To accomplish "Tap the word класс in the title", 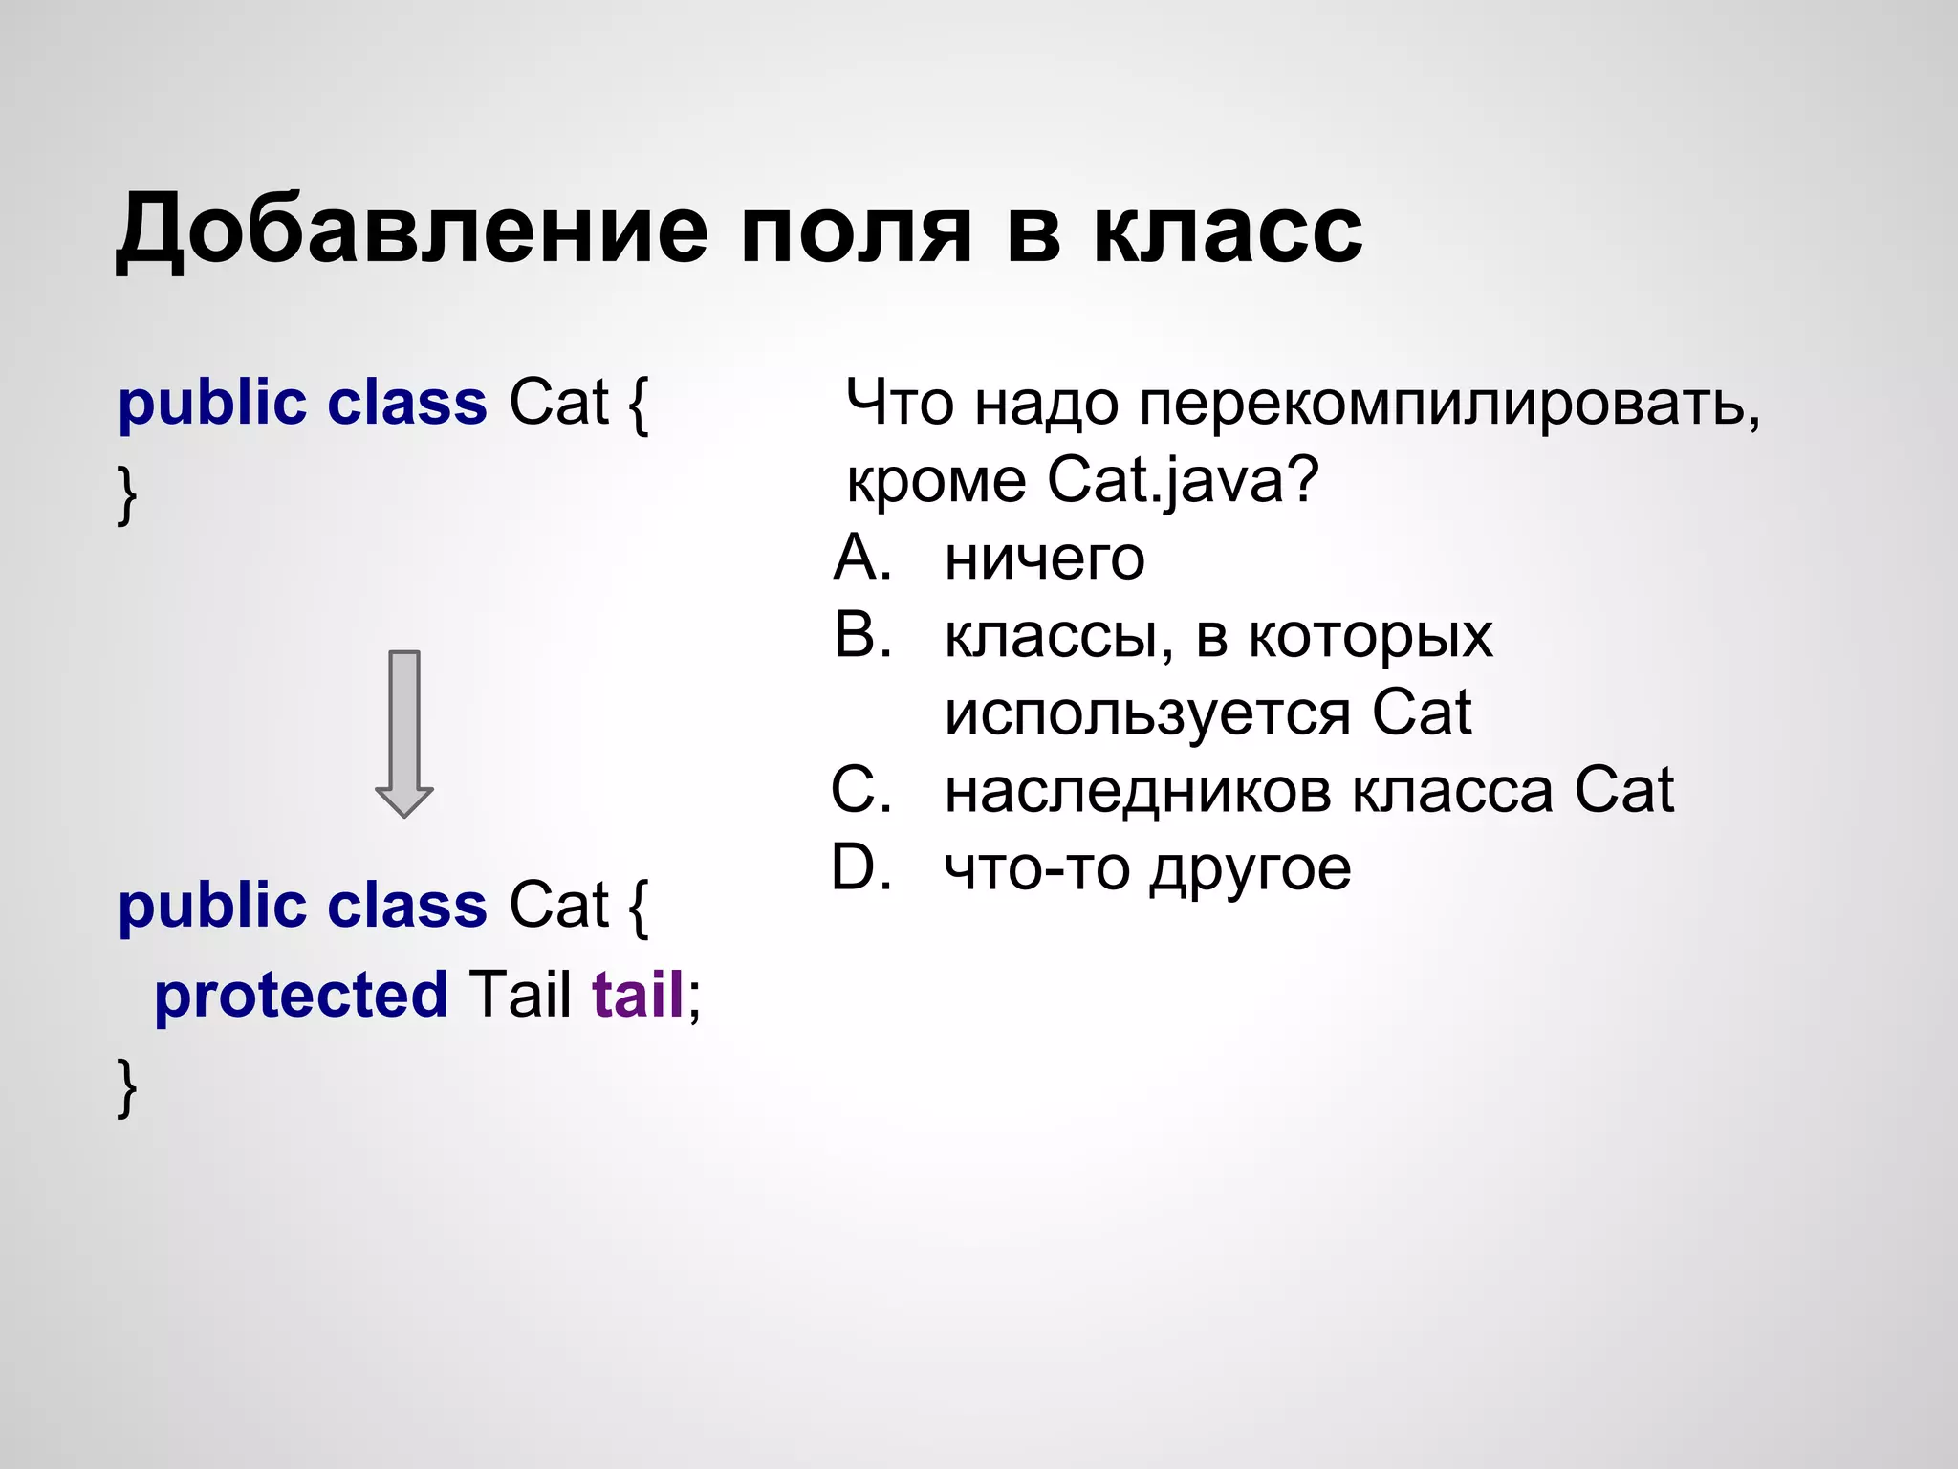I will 1228,231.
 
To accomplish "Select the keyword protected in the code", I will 300,995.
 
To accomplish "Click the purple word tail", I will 638,995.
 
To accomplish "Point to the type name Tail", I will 519,995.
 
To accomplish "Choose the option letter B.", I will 861,635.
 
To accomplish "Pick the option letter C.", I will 861,791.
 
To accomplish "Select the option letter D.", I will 861,868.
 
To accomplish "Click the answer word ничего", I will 1044,559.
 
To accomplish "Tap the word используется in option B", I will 1147,714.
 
